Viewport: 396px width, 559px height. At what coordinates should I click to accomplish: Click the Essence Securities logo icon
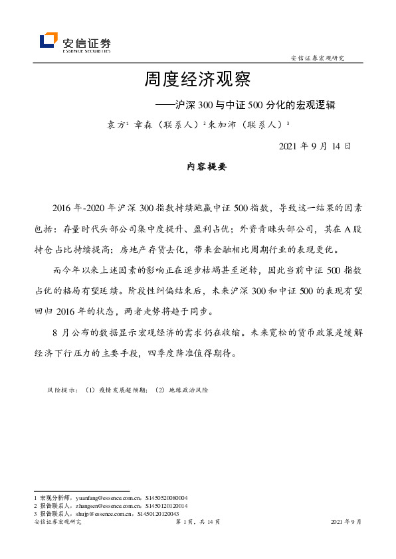tap(49, 40)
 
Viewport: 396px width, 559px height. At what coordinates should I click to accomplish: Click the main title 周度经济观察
tap(197, 80)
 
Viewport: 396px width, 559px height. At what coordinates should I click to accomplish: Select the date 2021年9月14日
tap(314, 146)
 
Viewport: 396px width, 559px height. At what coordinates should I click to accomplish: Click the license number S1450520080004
tap(165, 497)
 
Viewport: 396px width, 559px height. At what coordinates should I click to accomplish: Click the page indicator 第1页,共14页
tap(197, 522)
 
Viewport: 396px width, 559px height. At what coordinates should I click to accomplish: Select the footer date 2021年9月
tap(346, 522)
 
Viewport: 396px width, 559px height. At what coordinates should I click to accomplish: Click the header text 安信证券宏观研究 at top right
tap(318, 59)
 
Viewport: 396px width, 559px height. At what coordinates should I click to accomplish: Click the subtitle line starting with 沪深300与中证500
tap(245, 105)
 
